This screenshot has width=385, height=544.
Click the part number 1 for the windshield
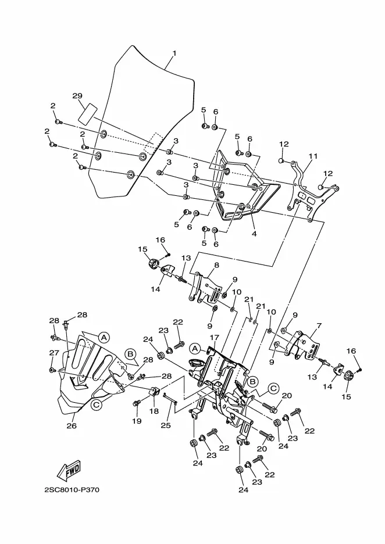(174, 53)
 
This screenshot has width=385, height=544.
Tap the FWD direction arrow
(69, 471)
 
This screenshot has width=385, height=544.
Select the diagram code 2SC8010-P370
(72, 490)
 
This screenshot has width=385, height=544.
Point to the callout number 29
(77, 96)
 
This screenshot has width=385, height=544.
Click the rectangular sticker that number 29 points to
(87, 113)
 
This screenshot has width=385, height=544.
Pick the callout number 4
(254, 234)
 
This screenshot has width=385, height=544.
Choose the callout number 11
(313, 156)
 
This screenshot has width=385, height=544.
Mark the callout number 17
(214, 337)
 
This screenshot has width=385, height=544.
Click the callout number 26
(72, 425)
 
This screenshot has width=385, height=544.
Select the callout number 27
(54, 353)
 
